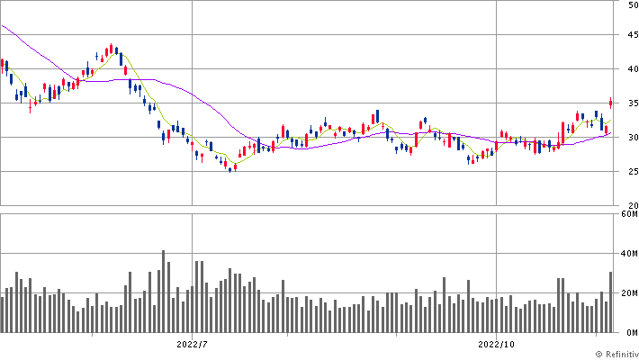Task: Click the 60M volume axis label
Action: point(629,215)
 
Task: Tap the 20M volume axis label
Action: point(629,293)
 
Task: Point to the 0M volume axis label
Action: point(631,331)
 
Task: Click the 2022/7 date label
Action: point(193,344)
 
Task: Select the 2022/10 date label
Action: point(497,344)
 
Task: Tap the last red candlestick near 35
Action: point(611,103)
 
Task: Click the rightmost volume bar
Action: point(610,302)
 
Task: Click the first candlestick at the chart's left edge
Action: point(3,66)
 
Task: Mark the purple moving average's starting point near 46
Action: point(3,26)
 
